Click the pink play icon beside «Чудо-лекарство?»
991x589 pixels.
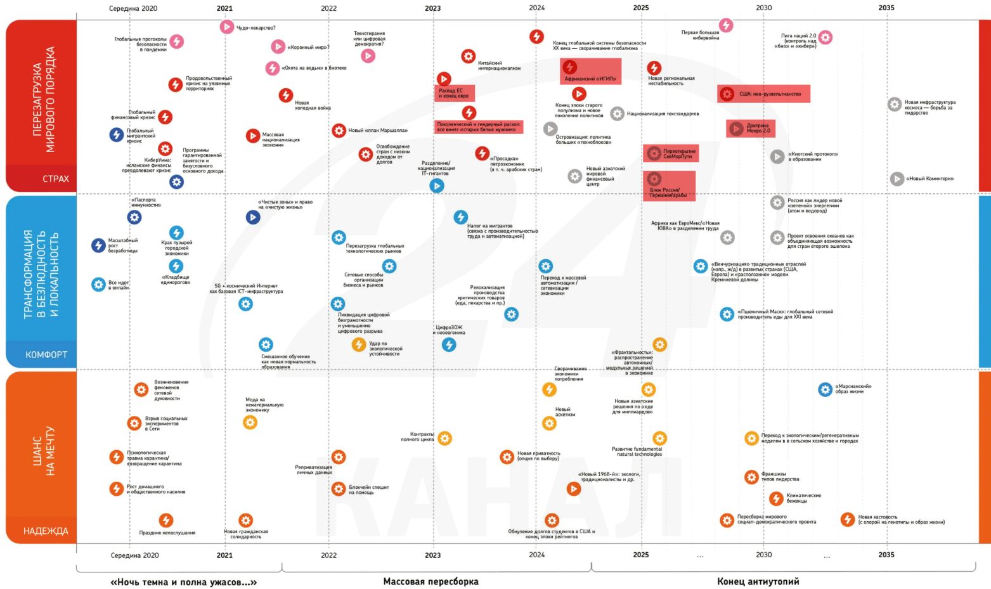coord(226,27)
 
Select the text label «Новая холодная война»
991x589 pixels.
coord(312,105)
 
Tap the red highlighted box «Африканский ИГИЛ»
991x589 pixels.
coord(590,72)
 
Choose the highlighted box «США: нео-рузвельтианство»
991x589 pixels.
coord(763,94)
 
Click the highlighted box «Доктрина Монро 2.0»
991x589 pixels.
coord(751,129)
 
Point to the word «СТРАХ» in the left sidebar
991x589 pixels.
coord(56,179)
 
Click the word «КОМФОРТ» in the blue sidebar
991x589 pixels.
coord(46,355)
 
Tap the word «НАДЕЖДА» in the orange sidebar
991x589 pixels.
coord(46,531)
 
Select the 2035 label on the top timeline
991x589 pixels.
coord(886,8)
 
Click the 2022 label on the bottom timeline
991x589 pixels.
coord(328,555)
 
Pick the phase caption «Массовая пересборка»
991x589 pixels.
coord(431,581)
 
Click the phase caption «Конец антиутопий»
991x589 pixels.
coord(758,581)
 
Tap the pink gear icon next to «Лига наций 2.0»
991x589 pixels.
coord(825,37)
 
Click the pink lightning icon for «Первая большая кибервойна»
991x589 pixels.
coord(726,25)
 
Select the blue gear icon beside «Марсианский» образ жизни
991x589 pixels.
coord(825,389)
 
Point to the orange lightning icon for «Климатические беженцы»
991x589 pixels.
coord(776,498)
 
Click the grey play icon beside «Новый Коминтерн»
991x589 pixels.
coord(897,179)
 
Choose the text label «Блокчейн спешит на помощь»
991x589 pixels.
coord(368,489)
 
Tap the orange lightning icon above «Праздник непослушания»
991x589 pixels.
coord(165,521)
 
